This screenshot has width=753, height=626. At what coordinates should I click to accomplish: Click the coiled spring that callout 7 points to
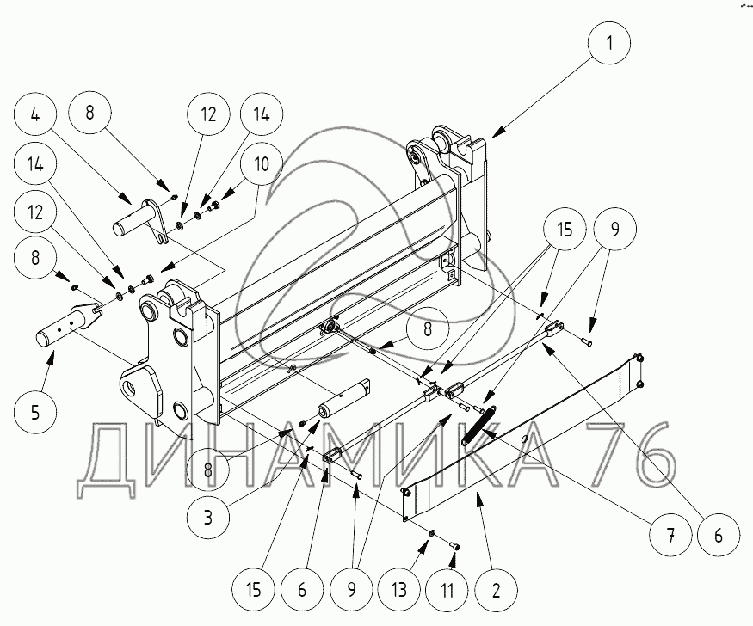(x=478, y=425)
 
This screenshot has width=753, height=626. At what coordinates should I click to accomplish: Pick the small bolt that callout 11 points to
(x=455, y=547)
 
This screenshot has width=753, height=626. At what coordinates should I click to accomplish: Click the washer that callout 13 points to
(x=429, y=534)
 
